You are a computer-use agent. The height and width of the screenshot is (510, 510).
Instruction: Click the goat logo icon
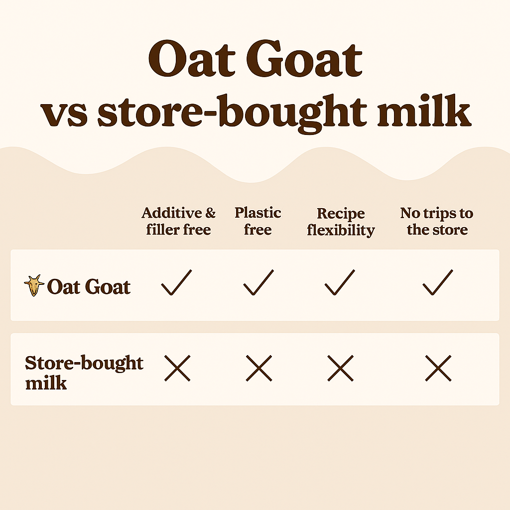coord(34,285)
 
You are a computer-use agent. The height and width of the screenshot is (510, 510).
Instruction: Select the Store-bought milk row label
coord(84,372)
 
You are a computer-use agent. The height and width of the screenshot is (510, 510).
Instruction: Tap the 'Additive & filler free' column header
coord(179,221)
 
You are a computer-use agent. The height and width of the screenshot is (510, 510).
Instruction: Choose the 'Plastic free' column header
coord(258,221)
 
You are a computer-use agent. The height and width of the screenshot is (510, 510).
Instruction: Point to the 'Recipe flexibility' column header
coord(341,222)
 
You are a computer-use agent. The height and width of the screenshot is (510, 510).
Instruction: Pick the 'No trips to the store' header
coord(437,221)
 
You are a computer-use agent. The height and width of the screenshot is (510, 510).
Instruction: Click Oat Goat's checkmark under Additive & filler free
coord(177,282)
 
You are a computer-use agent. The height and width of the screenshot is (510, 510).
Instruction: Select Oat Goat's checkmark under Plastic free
coord(258,282)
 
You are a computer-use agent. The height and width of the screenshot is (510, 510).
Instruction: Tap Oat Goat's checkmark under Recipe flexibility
coord(340,282)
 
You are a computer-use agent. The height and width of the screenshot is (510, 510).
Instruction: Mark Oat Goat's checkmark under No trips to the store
coord(438,282)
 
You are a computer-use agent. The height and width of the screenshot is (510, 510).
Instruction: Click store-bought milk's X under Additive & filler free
coord(177,368)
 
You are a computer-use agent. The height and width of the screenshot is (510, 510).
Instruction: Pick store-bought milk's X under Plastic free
coord(259,368)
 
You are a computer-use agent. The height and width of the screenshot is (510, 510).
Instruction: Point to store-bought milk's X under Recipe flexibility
coord(341,368)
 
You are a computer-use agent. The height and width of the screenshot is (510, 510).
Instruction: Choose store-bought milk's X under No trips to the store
coord(438,368)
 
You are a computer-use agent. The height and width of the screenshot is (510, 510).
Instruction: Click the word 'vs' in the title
coord(64,114)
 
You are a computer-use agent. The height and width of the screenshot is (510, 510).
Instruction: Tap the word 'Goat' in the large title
coord(304,59)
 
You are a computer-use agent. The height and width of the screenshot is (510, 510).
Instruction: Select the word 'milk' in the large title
coord(424,110)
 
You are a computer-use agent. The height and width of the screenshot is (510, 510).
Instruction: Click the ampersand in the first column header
coord(211,213)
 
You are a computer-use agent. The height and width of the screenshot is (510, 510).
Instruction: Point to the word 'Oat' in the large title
coord(192,59)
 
